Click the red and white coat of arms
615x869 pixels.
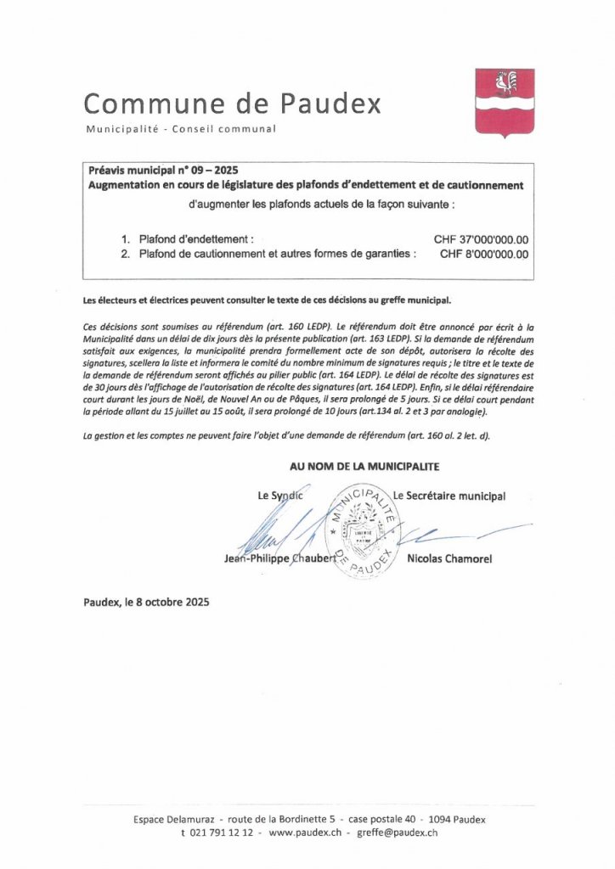click(x=505, y=102)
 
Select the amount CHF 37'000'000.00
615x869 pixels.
click(x=481, y=239)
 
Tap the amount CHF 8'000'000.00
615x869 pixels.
click(x=484, y=253)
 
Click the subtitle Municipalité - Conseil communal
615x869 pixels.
click(x=181, y=129)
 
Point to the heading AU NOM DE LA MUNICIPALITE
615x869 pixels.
click(x=364, y=466)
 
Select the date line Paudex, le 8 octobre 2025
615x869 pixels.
click(x=146, y=602)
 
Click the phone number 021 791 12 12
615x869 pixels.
click(x=222, y=834)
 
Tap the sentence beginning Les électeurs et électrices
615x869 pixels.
click(x=268, y=300)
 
